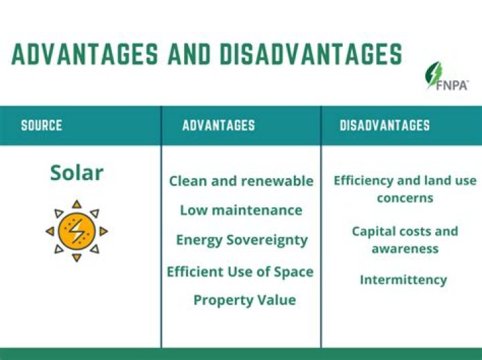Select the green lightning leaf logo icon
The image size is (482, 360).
click(x=435, y=74)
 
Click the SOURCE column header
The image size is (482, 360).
click(x=42, y=125)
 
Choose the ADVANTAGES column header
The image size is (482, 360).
click(x=218, y=125)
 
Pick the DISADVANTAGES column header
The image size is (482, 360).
click(x=384, y=125)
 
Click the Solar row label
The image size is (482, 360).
click(x=76, y=173)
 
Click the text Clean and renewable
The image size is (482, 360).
click(x=241, y=181)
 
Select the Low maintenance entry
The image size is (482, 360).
click(x=241, y=210)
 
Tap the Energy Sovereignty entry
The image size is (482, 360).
click(x=242, y=240)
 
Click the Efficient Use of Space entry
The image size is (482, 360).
click(x=240, y=272)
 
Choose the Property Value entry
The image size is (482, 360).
click(x=244, y=300)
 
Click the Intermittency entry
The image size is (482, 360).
click(x=403, y=279)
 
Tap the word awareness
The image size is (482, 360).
click(x=405, y=248)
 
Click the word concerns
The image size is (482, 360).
click(x=405, y=198)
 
